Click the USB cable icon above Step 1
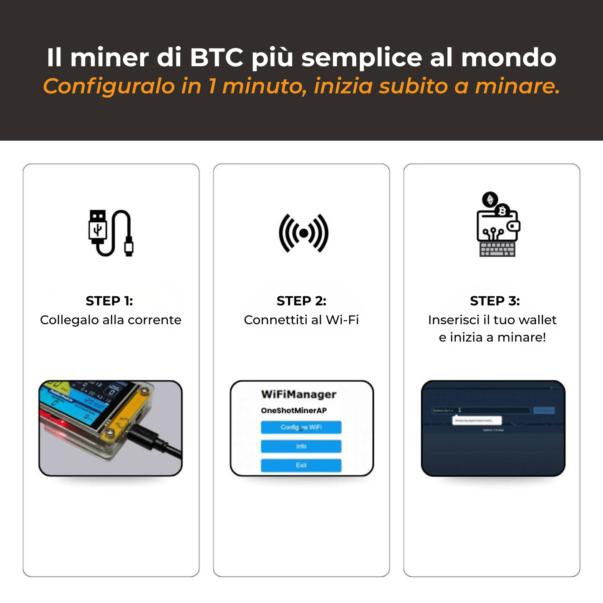(x=111, y=233)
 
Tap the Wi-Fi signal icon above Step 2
(x=303, y=233)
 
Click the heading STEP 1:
(x=109, y=301)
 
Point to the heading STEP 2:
(x=301, y=301)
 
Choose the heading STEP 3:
(x=495, y=301)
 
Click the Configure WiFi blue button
(x=301, y=427)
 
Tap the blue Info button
(x=301, y=447)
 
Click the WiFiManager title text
(x=299, y=394)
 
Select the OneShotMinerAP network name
(x=294, y=411)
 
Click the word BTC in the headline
(x=217, y=58)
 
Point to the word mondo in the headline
(x=508, y=58)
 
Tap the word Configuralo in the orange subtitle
(x=109, y=86)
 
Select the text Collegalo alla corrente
(x=111, y=320)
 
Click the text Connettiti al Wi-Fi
(x=301, y=320)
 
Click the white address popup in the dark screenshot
(x=477, y=421)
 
